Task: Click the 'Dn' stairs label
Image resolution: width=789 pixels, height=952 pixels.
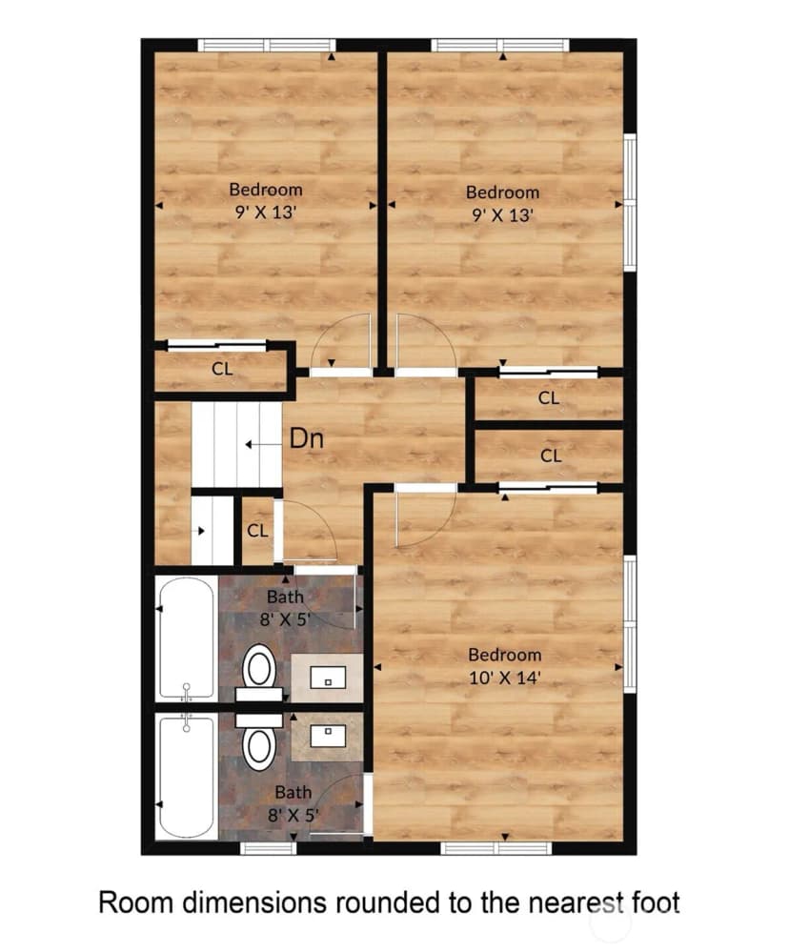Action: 307,438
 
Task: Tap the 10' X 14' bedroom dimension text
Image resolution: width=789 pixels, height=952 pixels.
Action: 504,678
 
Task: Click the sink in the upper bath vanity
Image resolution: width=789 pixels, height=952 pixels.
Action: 328,678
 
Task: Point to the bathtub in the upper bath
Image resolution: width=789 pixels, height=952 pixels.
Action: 187,638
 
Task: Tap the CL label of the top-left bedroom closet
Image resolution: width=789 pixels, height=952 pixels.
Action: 222,369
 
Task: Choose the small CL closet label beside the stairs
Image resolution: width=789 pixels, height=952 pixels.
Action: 257,531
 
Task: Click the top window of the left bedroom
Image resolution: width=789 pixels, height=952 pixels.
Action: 267,45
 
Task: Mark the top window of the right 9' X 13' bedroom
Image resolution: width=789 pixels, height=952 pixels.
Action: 500,45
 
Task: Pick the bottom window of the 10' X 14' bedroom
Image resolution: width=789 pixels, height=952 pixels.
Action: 496,847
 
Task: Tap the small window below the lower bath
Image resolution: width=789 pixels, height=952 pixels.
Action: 269,847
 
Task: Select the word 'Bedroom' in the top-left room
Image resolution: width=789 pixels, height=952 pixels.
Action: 266,190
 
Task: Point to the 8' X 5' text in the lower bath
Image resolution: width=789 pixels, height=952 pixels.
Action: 293,815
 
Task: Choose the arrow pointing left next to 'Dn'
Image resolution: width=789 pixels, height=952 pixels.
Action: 263,444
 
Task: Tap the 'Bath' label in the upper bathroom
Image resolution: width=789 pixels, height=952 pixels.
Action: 285,597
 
